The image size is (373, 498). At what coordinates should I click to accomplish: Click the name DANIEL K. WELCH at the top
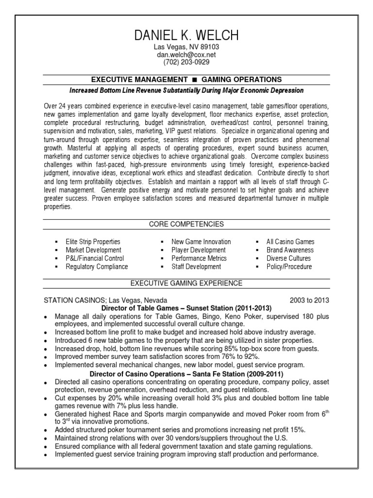pyautogui.click(x=186, y=36)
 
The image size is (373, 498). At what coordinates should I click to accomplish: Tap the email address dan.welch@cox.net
pyautogui.click(x=186, y=55)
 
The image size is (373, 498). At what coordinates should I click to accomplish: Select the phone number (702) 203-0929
pyautogui.click(x=186, y=62)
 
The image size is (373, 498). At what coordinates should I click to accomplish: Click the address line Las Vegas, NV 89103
pyautogui.click(x=186, y=47)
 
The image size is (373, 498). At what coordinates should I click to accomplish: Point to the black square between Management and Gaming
pyautogui.click(x=194, y=79)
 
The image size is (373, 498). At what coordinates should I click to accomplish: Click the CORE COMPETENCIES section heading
pyautogui.click(x=186, y=224)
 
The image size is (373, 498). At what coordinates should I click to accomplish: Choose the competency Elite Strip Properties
pyautogui.click(x=93, y=242)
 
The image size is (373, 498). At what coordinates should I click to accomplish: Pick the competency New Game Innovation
pyautogui.click(x=201, y=242)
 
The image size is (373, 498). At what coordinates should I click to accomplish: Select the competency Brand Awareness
pyautogui.click(x=290, y=250)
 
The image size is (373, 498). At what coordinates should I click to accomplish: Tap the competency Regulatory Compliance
pyautogui.click(x=97, y=267)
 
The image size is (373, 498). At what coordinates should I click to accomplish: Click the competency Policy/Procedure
pyautogui.click(x=289, y=267)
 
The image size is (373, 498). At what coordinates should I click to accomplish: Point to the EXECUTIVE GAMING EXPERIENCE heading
pyautogui.click(x=186, y=283)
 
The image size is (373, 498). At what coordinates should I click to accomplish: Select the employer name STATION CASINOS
pyautogui.click(x=77, y=300)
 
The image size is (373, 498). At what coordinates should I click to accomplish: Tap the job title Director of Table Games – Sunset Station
pyautogui.click(x=186, y=308)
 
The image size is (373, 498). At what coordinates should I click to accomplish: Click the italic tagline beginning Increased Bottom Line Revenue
pyautogui.click(x=186, y=90)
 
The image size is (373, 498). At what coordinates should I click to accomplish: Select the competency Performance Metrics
pyautogui.click(x=199, y=258)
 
